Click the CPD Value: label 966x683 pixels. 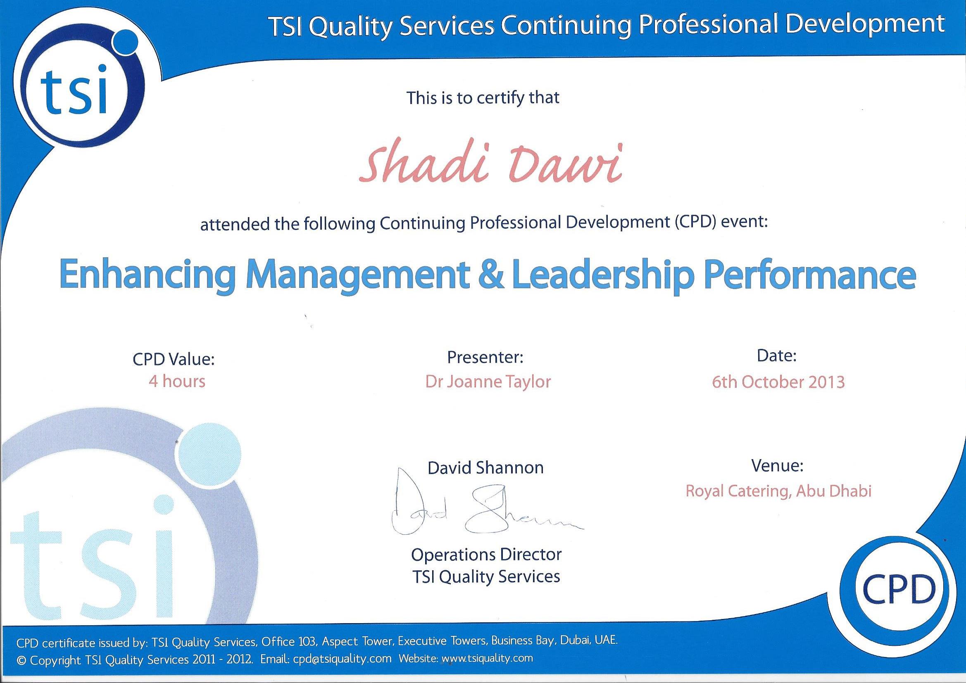pyautogui.click(x=174, y=360)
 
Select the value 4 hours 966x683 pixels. pyautogui.click(x=177, y=382)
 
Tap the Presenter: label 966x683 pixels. pyautogui.click(x=485, y=357)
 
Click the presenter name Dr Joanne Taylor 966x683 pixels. pyautogui.click(x=488, y=382)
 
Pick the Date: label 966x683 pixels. pyautogui.click(x=777, y=356)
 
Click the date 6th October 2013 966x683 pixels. pyautogui.click(x=778, y=382)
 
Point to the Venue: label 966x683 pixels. pyautogui.click(x=778, y=465)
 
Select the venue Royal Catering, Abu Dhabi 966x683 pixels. pyautogui.click(x=778, y=491)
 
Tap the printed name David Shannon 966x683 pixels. pyautogui.click(x=485, y=468)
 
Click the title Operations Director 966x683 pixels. pyautogui.click(x=486, y=555)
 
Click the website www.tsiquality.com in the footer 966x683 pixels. pyautogui.click(x=487, y=658)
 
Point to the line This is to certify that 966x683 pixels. pyautogui.click(x=483, y=98)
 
